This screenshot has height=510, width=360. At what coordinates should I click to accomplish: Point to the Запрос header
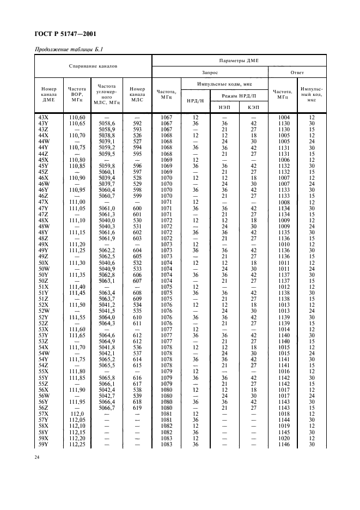(x=210, y=72)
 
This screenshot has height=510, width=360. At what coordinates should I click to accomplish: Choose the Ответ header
(x=297, y=72)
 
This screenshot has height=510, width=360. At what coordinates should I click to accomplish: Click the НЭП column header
(x=224, y=107)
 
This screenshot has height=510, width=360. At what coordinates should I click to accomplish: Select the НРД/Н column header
(x=195, y=101)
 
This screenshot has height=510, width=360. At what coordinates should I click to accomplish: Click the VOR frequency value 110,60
(x=76, y=118)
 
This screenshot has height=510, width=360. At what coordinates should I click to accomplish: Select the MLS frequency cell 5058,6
(x=107, y=124)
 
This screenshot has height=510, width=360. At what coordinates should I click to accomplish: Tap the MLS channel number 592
(x=137, y=124)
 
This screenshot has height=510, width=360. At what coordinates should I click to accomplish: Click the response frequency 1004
(x=284, y=118)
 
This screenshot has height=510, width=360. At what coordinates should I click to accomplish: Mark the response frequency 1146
(x=284, y=445)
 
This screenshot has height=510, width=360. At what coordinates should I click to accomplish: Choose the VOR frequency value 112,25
(x=76, y=445)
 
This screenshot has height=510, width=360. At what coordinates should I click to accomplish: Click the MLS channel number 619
(x=137, y=407)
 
